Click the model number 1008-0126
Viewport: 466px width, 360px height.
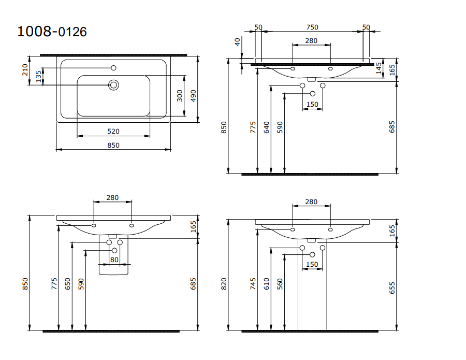[52, 32]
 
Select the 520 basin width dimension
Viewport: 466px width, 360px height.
[113, 132]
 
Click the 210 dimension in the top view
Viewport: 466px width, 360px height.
[25, 70]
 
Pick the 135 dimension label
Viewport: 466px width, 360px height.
[38, 76]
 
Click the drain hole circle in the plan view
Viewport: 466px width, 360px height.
[113, 84]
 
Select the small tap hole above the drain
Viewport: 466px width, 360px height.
[113, 67]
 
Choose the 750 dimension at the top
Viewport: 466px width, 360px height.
[312, 27]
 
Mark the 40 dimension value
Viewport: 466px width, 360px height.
[238, 42]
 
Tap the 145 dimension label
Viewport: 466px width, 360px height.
[378, 68]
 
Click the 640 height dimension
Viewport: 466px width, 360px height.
[267, 127]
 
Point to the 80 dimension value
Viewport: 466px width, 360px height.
[114, 260]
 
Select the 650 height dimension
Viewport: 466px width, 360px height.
[67, 284]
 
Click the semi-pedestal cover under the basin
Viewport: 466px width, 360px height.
[113, 269]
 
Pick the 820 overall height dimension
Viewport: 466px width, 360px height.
[224, 283]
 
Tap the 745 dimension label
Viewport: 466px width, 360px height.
[253, 283]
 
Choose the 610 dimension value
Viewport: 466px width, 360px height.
[267, 283]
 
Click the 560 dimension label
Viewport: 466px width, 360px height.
[280, 283]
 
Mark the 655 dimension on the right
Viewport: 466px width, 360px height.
[392, 288]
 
